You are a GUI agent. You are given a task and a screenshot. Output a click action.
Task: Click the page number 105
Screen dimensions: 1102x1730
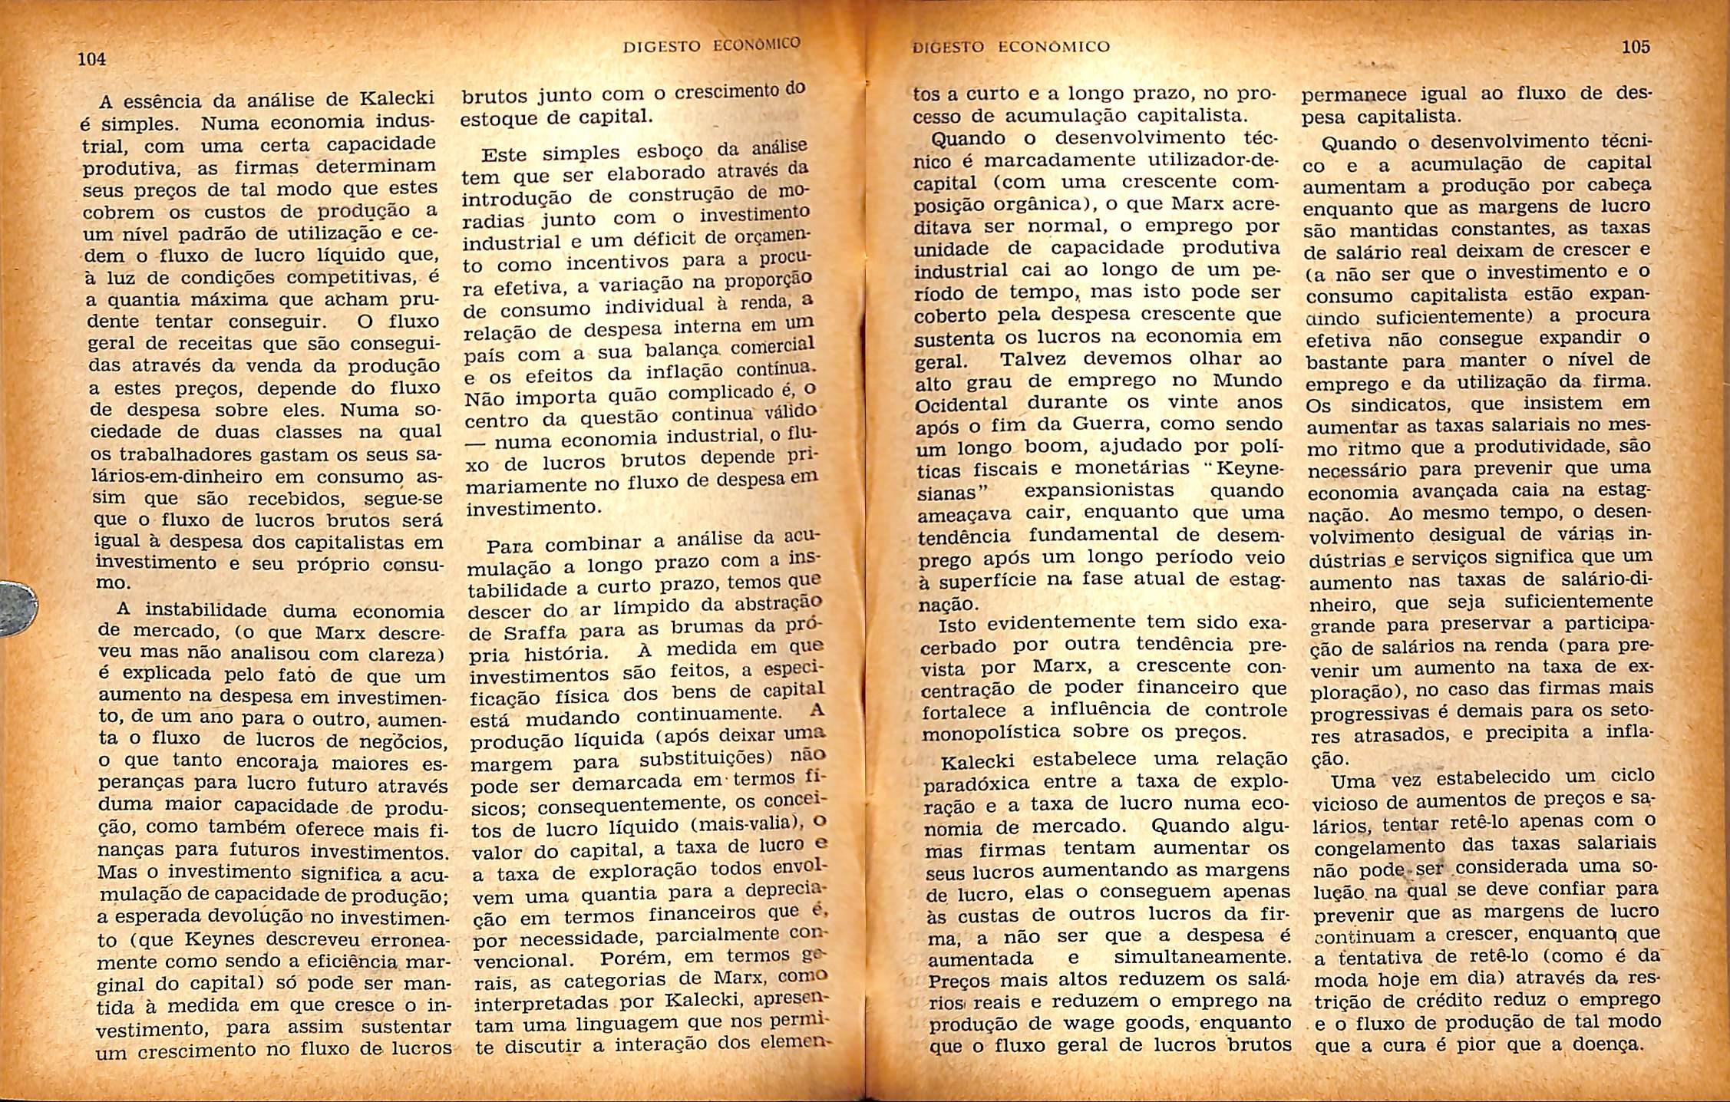(x=1636, y=47)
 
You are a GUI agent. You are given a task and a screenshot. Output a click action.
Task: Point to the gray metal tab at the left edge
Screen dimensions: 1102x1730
(x=17, y=609)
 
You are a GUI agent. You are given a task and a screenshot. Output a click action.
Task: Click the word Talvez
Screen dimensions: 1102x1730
(x=1034, y=359)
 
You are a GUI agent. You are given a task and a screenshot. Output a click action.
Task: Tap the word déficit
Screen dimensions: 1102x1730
(x=648, y=240)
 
